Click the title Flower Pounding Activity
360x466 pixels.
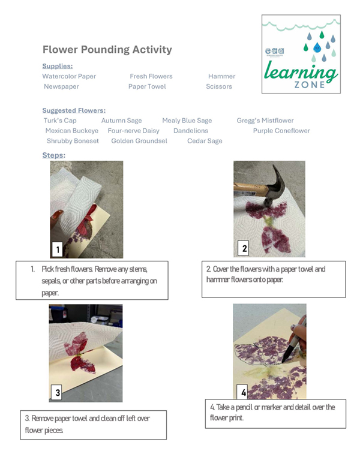[107, 50]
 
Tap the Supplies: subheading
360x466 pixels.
[57, 66]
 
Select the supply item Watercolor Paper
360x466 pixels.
[69, 76]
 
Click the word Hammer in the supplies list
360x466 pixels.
[221, 76]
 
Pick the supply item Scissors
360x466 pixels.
[218, 86]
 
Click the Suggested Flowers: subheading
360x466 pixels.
[74, 110]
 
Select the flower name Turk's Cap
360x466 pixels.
[60, 121]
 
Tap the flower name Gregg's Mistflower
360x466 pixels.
[265, 121]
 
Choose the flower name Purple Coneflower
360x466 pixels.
[281, 131]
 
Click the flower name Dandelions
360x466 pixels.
[191, 131]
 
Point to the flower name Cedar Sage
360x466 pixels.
[205, 141]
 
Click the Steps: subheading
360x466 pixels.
[53, 155]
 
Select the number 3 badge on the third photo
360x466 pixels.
[58, 393]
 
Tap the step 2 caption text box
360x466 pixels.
[274, 278]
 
